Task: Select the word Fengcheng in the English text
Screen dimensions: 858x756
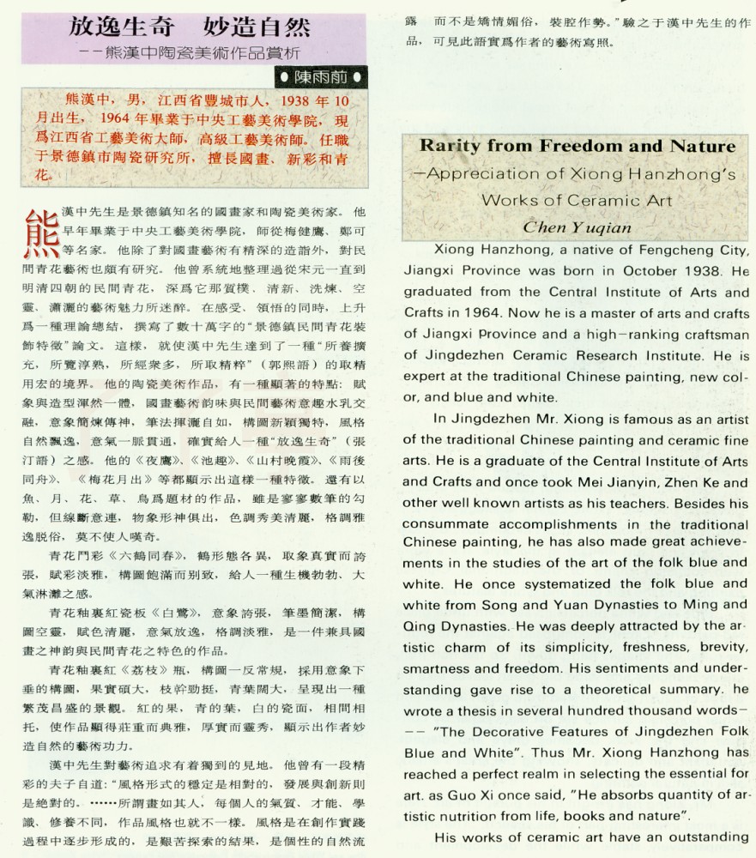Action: pyautogui.click(x=637, y=250)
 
